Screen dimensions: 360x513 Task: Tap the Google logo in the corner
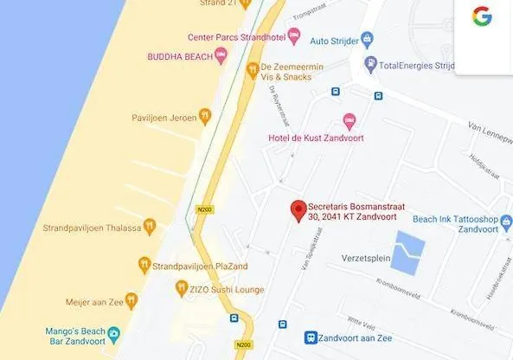[x=482, y=16]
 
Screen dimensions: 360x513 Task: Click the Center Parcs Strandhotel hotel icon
[x=293, y=37]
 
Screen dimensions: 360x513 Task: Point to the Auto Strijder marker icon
[x=367, y=39]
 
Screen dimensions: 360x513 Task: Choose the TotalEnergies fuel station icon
[x=371, y=63]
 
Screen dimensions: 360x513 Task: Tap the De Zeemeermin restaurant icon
[x=253, y=70]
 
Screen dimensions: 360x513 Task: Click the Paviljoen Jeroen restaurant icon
[x=204, y=114]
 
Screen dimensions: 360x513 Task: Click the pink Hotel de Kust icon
[x=349, y=120]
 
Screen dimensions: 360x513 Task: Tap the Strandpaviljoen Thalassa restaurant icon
[x=150, y=227]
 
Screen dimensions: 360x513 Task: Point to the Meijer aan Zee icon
[x=131, y=301]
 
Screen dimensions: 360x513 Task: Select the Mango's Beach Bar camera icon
[x=113, y=333]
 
